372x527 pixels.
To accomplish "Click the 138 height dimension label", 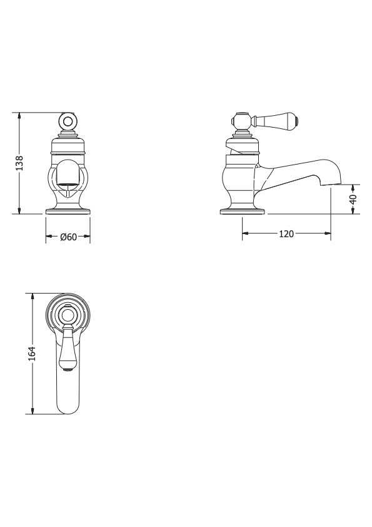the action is (x=20, y=163).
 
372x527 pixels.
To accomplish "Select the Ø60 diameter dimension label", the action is (x=68, y=237).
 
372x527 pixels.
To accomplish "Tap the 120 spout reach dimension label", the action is (x=286, y=233).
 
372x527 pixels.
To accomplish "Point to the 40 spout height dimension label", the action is (x=353, y=199).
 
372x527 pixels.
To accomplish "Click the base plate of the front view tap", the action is (x=68, y=212).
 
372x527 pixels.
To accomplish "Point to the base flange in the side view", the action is (x=242, y=212).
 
